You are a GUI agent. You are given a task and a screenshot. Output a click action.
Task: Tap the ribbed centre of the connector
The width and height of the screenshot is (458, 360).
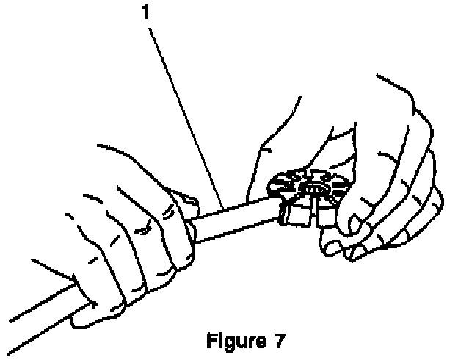click(316, 187)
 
